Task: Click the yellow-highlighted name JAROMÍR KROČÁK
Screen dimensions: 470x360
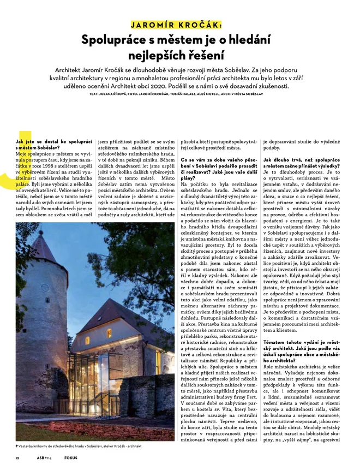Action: [x=176, y=25]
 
